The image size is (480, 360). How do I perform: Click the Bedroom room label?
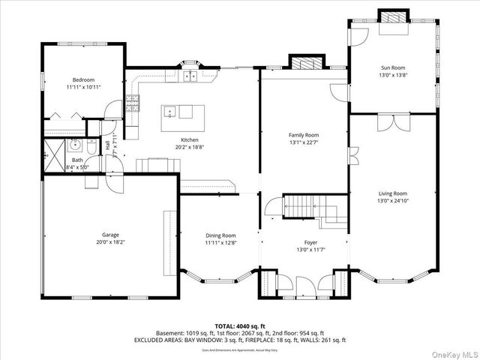(x=83, y=79)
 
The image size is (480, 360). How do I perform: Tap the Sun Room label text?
(x=393, y=68)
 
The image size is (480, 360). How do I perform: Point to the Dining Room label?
(x=221, y=235)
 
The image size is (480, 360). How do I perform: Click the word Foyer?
(x=310, y=242)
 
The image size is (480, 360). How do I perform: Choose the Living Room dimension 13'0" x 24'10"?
(x=392, y=200)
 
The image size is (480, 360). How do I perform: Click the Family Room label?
(x=304, y=134)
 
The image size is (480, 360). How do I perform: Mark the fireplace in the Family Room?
(x=304, y=63)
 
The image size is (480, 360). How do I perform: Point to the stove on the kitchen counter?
(x=134, y=104)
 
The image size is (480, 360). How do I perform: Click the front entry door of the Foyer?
(x=304, y=287)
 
